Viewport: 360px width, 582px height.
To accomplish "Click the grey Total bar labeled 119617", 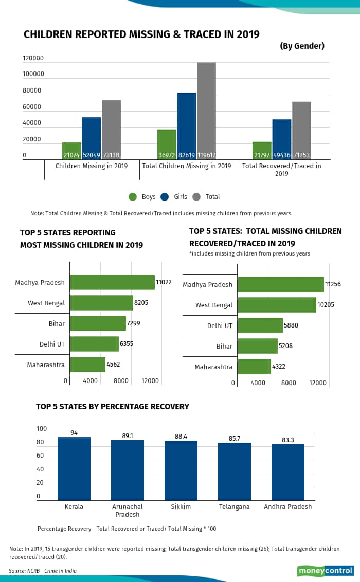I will pyautogui.click(x=206, y=111).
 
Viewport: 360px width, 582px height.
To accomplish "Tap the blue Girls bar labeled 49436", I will pyautogui.click(x=282, y=139).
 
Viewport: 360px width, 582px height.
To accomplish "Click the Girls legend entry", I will pyautogui.click(x=174, y=197).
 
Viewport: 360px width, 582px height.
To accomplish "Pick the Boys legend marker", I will pyautogui.click(x=133, y=197).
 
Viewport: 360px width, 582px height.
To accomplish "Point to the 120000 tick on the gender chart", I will pyautogui.click(x=33, y=58).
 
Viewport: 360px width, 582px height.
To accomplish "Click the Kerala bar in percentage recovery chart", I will pyautogui.click(x=74, y=468).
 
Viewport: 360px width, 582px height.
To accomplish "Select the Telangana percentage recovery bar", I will pyautogui.click(x=235, y=471).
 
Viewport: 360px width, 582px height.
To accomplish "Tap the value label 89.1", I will pyautogui.click(x=128, y=435).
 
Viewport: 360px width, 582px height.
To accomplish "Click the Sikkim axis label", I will pyautogui.click(x=181, y=507).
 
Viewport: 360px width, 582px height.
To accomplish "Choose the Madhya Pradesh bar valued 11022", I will pyautogui.click(x=112, y=282).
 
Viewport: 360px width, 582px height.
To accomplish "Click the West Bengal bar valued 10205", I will pyautogui.click(x=277, y=305).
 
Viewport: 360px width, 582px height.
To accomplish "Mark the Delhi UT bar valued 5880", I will pyautogui.click(x=260, y=325).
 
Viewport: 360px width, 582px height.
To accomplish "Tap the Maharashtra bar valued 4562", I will pyautogui.click(x=87, y=365).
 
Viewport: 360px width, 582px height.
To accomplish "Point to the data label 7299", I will pyautogui.click(x=134, y=323).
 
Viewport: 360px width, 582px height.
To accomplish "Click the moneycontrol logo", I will pyautogui.click(x=325, y=571).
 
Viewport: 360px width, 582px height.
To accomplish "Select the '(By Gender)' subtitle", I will pyautogui.click(x=302, y=46).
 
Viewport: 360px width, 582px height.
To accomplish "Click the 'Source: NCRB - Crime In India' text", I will pyautogui.click(x=43, y=571).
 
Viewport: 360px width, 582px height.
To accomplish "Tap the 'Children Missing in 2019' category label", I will pyautogui.click(x=92, y=166).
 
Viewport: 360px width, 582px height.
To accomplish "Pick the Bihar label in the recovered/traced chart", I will pyautogui.click(x=224, y=347).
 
